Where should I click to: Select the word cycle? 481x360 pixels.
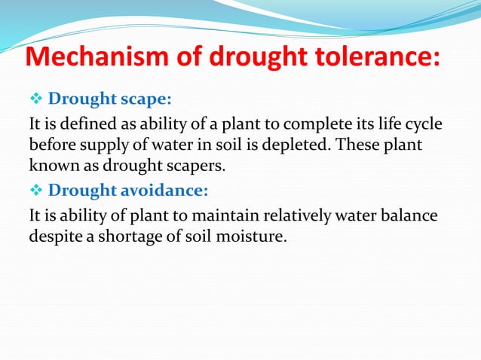coord(422,123)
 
